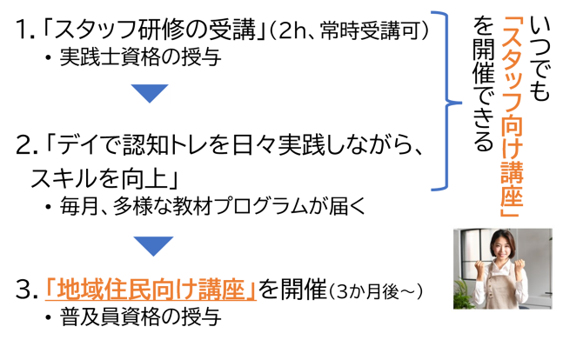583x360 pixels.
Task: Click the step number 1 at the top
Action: pos(22,30)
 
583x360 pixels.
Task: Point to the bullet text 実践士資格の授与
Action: pos(140,57)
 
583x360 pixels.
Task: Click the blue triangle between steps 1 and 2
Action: pos(150,93)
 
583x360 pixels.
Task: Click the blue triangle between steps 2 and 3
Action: pos(153,245)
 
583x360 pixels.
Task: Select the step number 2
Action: pos(23,145)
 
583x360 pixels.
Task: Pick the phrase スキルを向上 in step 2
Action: pos(99,178)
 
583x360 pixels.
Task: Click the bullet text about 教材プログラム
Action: pos(212,206)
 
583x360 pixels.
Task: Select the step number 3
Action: pos(23,290)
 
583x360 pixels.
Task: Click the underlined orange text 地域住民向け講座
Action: pos(151,289)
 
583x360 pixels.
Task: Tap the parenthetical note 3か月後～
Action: pos(376,291)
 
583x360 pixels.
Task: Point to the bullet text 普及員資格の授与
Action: pos(140,317)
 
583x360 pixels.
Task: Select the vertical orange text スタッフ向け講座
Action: pos(512,117)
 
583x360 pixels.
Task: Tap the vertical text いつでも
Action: pos(539,58)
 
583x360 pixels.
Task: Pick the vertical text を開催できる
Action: pos(483,84)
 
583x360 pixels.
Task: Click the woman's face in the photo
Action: pos(502,247)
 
